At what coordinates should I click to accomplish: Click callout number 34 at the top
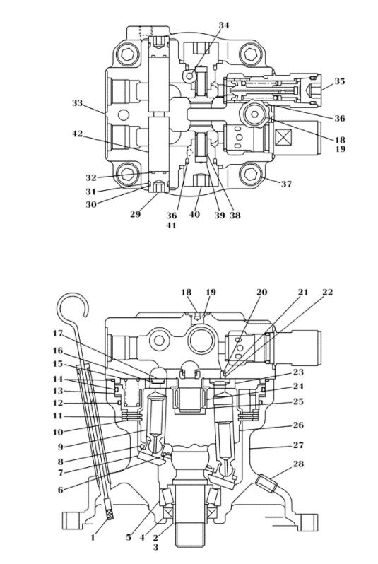pyautogui.click(x=224, y=25)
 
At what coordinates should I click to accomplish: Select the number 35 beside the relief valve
pyautogui.click(x=340, y=81)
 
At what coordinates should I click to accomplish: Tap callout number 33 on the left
pyautogui.click(x=77, y=103)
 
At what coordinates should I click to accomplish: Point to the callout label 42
pyautogui.click(x=77, y=134)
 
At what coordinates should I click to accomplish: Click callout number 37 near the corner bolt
pyautogui.click(x=286, y=184)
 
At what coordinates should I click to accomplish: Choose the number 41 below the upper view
pyautogui.click(x=171, y=225)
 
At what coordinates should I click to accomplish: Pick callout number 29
pyautogui.click(x=135, y=214)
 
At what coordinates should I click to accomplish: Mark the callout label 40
pyautogui.click(x=194, y=214)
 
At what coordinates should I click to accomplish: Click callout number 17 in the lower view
pyautogui.click(x=57, y=334)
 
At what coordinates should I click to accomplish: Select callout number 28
pyautogui.click(x=298, y=464)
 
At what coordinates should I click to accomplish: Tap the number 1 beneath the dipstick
pyautogui.click(x=93, y=538)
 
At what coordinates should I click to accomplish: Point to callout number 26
pyautogui.click(x=298, y=425)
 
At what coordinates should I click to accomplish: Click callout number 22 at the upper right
pyautogui.click(x=327, y=292)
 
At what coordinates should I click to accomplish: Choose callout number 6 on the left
pyautogui.click(x=61, y=490)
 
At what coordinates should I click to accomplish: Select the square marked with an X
pyautogui.click(x=283, y=139)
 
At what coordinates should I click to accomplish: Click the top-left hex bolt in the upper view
pyautogui.click(x=128, y=54)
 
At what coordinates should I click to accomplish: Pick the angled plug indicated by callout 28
pyautogui.click(x=266, y=483)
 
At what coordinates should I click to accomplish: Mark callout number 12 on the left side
pyautogui.click(x=57, y=403)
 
